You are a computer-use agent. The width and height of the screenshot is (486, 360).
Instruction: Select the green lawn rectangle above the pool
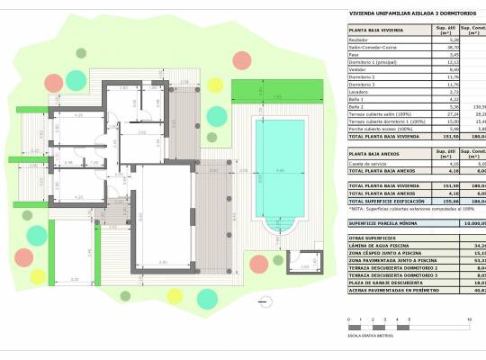(x=272, y=89)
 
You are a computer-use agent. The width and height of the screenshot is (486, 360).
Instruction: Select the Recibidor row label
(x=359, y=40)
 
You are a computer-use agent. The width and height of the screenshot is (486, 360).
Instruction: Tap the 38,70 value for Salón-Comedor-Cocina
(x=441, y=48)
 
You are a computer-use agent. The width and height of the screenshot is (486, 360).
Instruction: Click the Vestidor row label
(x=358, y=69)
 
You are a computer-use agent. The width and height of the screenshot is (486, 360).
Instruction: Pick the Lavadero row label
(x=359, y=91)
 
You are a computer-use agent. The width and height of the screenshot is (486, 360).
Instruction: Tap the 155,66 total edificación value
(x=442, y=200)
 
